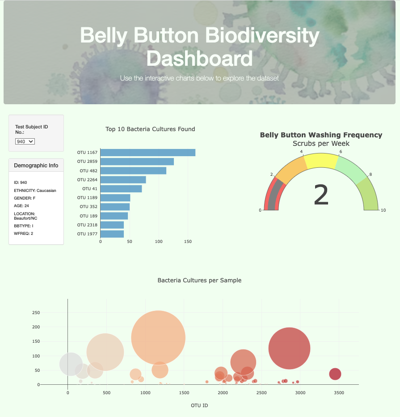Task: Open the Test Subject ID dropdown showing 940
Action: coord(25,141)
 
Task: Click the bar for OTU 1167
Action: coord(147,153)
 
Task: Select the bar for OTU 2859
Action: coord(137,162)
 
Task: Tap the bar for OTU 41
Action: coord(121,189)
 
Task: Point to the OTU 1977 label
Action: coord(87,234)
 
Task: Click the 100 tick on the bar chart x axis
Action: coord(159,242)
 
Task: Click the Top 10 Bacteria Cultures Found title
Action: coord(150,129)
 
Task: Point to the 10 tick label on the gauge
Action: coord(383,210)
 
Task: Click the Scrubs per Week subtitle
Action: coord(321,144)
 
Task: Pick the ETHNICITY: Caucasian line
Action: coord(35,191)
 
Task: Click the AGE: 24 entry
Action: coord(21,206)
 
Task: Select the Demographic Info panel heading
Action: coord(36,166)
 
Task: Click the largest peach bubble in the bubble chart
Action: coord(158,338)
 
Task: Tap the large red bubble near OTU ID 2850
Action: coord(289,349)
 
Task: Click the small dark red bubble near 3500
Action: coord(335,374)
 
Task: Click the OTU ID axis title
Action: coord(199,406)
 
